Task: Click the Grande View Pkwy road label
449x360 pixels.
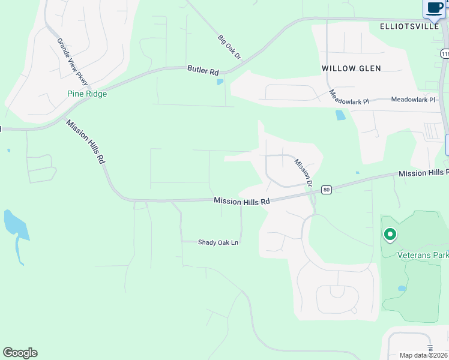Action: pos(72,62)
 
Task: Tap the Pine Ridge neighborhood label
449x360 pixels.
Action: pos(86,94)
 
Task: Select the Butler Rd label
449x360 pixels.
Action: pos(203,70)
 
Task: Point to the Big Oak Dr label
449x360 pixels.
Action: pos(229,47)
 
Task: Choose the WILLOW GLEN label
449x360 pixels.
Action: pos(351,68)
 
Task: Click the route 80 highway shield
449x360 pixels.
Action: pos(326,190)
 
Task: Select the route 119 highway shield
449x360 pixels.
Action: pos(445,53)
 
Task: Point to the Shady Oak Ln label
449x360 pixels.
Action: pos(218,242)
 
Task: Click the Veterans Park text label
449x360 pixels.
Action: pos(423,255)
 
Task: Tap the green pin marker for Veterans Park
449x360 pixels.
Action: pos(390,234)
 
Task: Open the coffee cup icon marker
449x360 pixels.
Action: pos(435,8)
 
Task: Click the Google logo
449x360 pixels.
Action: pos(20,353)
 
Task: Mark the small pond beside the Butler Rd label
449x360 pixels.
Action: pos(220,82)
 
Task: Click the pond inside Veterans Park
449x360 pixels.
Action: pos(402,289)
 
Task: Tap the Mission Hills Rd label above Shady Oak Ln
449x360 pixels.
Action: pos(242,202)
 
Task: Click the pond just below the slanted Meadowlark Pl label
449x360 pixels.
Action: pos(340,115)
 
